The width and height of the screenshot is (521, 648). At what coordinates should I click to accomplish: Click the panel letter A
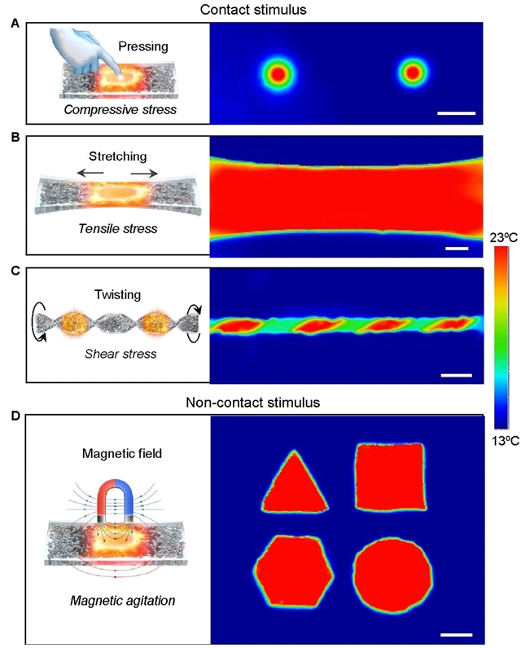click(x=14, y=25)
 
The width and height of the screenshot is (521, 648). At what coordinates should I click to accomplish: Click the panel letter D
click(x=14, y=417)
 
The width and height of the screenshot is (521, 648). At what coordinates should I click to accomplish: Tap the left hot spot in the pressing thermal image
click(x=278, y=74)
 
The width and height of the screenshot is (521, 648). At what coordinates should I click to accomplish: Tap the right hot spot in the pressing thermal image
click(x=413, y=74)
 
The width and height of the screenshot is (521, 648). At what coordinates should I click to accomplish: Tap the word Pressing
click(x=143, y=47)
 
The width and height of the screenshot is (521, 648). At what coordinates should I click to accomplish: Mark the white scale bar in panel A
click(x=456, y=111)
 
